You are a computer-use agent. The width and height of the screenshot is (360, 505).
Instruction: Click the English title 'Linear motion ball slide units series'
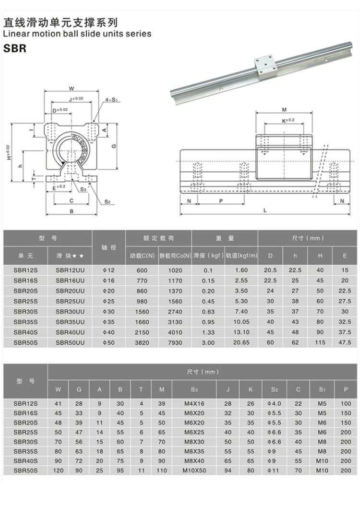tap(77, 34)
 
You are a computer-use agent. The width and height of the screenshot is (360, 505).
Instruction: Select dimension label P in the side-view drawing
tap(221, 201)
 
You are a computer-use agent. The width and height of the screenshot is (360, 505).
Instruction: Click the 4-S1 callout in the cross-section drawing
tap(111, 100)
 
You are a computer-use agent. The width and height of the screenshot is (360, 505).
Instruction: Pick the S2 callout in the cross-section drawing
tap(108, 202)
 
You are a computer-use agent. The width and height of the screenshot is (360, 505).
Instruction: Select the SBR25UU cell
tap(70, 301)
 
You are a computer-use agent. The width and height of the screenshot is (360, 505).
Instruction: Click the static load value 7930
tap(175, 342)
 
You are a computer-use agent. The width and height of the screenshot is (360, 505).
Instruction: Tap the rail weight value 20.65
tap(241, 342)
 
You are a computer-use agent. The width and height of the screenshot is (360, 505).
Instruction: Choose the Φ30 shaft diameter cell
tap(108, 311)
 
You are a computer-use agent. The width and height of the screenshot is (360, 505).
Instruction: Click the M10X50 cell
tap(194, 471)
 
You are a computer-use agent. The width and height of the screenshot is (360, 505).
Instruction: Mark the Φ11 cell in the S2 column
tap(274, 471)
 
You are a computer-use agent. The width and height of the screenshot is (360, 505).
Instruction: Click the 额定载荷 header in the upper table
tap(158, 238)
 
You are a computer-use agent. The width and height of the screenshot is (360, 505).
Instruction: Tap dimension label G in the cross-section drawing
tap(113, 146)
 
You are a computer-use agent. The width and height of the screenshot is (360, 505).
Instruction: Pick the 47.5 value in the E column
tap(344, 342)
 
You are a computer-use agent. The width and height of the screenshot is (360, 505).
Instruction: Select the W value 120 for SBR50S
tap(58, 471)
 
